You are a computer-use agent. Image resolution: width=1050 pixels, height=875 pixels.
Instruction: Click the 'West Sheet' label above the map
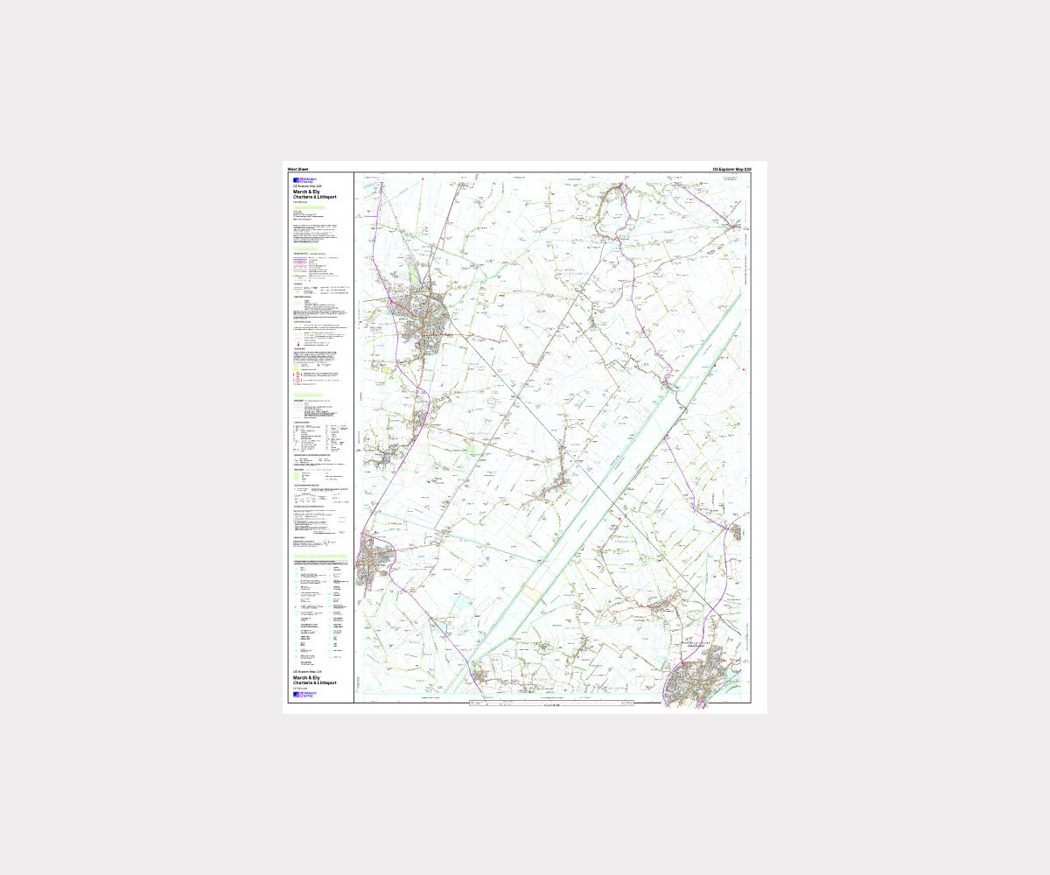(x=297, y=169)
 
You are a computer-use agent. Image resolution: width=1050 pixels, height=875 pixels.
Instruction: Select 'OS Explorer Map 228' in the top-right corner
(x=731, y=169)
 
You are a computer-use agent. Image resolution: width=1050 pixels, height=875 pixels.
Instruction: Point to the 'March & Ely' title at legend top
(x=306, y=192)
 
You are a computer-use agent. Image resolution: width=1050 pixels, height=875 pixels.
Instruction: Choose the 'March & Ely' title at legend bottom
(x=306, y=677)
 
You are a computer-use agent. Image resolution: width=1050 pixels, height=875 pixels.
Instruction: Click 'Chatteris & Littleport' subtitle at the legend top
(x=315, y=198)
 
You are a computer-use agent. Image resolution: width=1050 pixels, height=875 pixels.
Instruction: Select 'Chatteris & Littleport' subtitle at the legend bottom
(x=315, y=682)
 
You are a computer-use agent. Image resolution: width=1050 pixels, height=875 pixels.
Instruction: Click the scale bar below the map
(x=551, y=703)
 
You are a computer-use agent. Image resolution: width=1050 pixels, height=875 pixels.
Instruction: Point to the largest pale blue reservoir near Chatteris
(x=462, y=603)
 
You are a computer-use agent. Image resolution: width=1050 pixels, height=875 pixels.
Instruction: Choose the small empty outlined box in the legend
(x=342, y=521)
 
